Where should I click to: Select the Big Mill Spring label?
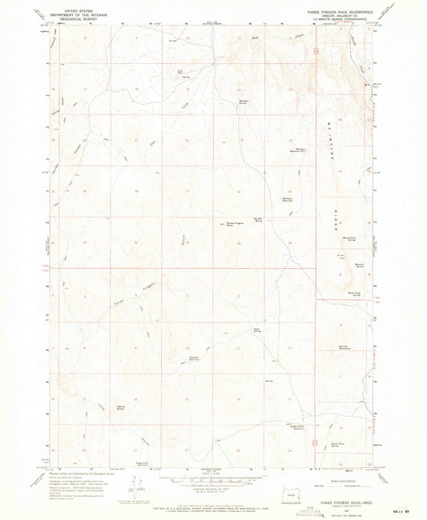[x=258, y=218]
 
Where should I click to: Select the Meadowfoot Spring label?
[x=349, y=238]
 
